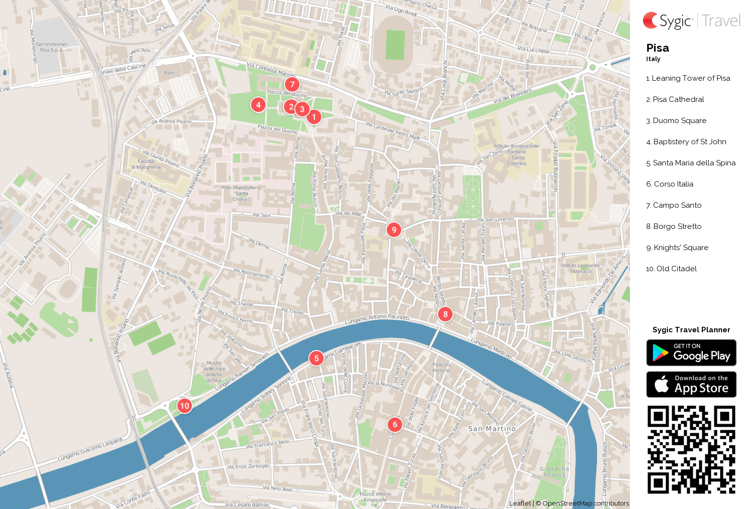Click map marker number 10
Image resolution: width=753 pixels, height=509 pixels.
(184, 406)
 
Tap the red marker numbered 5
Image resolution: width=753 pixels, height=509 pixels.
(316, 358)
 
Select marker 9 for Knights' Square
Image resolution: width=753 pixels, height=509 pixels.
(394, 229)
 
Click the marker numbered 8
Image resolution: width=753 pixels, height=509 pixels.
(445, 314)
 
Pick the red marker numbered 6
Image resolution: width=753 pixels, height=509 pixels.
(395, 424)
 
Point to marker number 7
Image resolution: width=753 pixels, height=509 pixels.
(292, 84)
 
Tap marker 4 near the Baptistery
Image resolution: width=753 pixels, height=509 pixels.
(258, 104)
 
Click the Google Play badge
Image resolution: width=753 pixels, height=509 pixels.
(691, 353)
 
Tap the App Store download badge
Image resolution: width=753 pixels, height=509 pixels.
(691, 384)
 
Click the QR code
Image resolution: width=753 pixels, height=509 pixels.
(691, 449)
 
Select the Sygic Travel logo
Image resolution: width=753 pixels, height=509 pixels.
(691, 21)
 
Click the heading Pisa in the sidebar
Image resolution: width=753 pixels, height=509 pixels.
(658, 48)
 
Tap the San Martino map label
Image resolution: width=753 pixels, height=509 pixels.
(492, 429)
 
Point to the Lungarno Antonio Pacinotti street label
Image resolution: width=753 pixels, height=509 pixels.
(376, 319)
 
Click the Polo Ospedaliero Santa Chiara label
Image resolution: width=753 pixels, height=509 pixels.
(241, 193)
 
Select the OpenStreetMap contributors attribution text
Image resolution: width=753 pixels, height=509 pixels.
(585, 503)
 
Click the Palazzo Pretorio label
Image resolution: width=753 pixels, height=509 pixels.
(441, 367)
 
